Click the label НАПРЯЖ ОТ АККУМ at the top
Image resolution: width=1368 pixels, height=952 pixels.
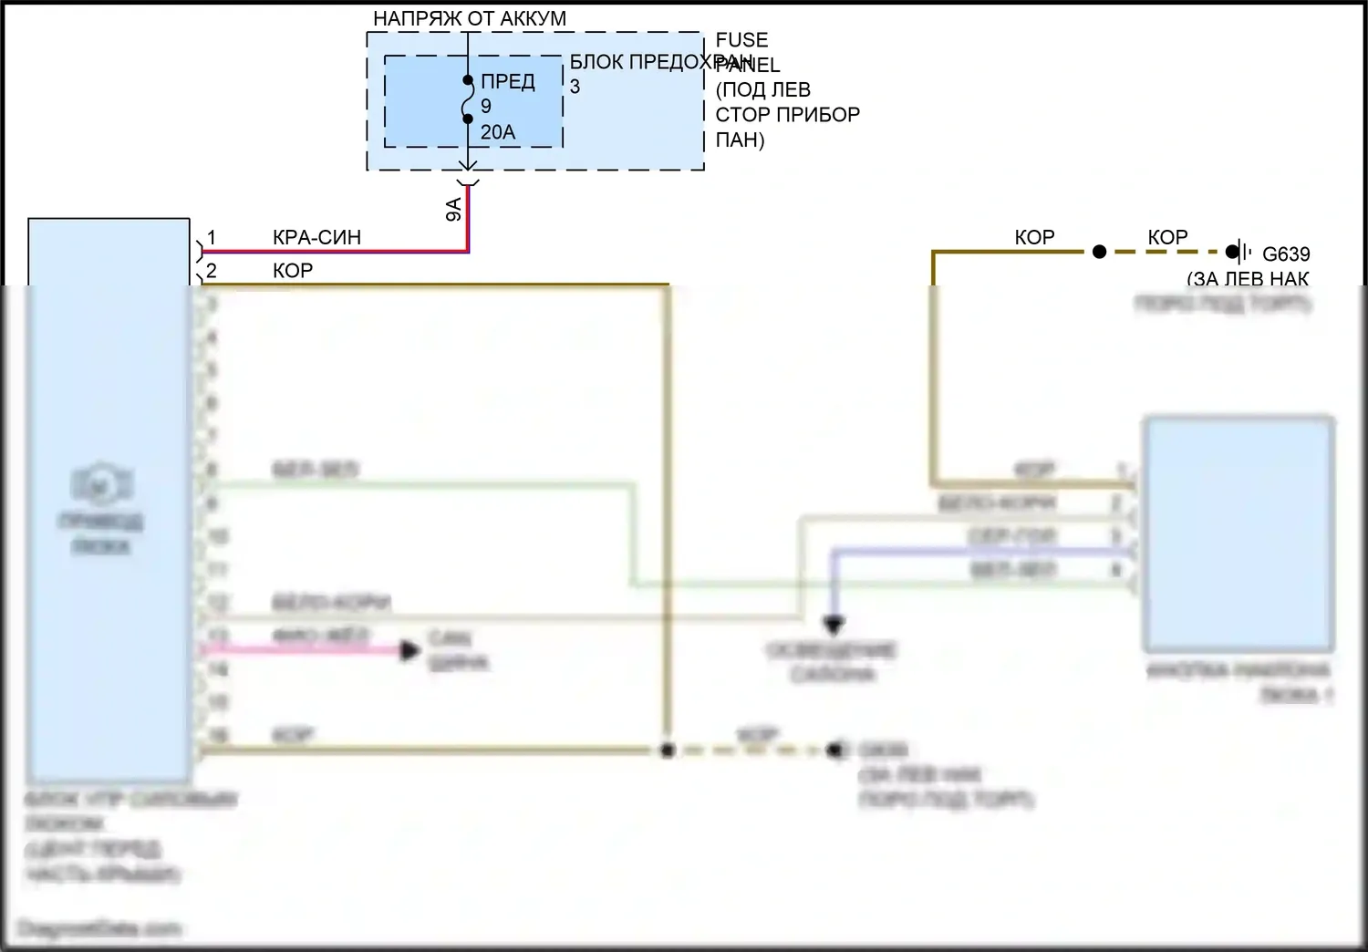point(469,18)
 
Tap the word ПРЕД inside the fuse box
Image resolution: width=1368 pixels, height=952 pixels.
point(508,82)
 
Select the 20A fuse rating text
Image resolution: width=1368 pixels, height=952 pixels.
point(498,132)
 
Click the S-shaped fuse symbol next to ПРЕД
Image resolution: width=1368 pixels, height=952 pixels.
point(467,99)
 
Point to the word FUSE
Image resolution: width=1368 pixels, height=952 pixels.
point(741,40)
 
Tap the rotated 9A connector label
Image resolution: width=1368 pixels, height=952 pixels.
point(453,210)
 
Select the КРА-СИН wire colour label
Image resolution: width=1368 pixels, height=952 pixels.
point(316,237)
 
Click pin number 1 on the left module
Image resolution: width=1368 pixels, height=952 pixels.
point(212,238)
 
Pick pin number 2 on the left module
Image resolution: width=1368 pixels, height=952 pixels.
point(212,271)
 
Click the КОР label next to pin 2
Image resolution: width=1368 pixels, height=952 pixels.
point(293,271)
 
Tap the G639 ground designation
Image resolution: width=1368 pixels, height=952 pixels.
point(1286,254)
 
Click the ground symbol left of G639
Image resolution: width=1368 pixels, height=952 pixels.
point(1237,252)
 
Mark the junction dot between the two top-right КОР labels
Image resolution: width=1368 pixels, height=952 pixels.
point(1099,252)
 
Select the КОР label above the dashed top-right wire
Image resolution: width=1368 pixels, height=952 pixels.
point(1167,237)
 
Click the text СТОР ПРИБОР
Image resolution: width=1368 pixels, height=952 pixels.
point(787,115)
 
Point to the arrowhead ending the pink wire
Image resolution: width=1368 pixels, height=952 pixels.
point(410,650)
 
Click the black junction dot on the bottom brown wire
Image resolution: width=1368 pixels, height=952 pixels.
point(668,750)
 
